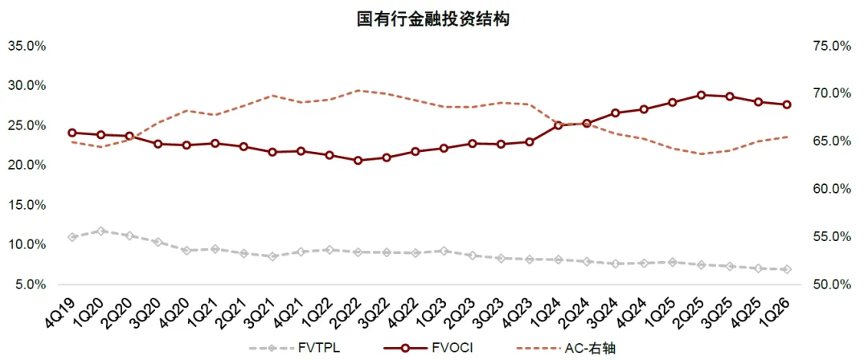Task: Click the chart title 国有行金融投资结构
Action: point(432,20)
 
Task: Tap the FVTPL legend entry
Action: point(299,349)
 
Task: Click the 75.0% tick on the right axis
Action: point(832,46)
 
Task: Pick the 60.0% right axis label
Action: point(832,189)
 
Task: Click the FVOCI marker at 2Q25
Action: point(701,96)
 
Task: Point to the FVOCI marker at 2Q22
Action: point(358,161)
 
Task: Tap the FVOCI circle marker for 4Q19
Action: point(72,133)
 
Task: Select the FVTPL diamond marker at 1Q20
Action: point(100,231)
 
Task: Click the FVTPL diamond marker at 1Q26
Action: point(787,269)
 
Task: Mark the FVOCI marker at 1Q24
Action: point(558,125)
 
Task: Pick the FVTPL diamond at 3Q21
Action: point(272,256)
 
